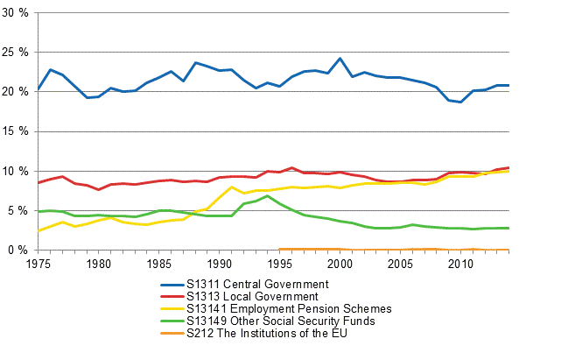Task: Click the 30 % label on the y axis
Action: click(x=16, y=13)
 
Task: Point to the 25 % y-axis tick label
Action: click(x=16, y=53)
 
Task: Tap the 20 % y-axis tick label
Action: click(x=16, y=92)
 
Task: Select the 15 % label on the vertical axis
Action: click(x=16, y=131)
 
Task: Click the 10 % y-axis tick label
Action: click(x=16, y=171)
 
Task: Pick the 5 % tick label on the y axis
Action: click(x=18, y=210)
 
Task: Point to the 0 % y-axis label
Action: click(x=18, y=250)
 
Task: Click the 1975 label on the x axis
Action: click(x=38, y=263)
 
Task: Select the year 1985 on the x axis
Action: click(x=158, y=263)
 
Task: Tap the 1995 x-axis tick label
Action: click(x=279, y=263)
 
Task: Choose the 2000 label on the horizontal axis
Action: click(x=340, y=263)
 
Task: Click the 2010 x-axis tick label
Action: click(x=460, y=263)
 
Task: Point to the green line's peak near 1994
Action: click(x=268, y=195)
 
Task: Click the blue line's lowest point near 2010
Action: click(x=460, y=102)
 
